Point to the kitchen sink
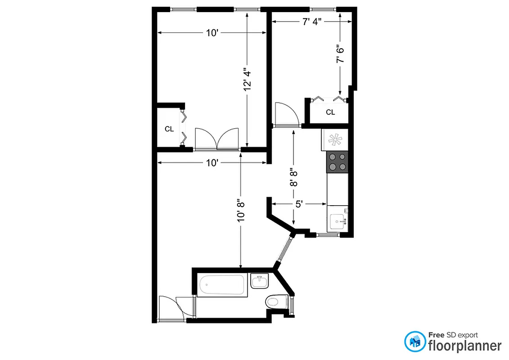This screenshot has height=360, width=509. tap(338, 221)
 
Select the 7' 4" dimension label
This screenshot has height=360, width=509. tap(311, 22)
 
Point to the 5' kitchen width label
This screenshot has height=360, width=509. tap(298, 204)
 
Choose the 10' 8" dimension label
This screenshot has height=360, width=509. tap(241, 210)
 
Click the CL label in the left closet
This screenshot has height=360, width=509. tap(169, 129)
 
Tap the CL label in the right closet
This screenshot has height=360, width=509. tap(330, 112)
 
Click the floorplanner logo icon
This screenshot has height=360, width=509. tap(414, 342)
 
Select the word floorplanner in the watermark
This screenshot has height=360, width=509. tap(464, 346)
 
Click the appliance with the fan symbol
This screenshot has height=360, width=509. tap(335, 140)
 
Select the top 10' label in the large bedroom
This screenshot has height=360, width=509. tap(212, 32)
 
